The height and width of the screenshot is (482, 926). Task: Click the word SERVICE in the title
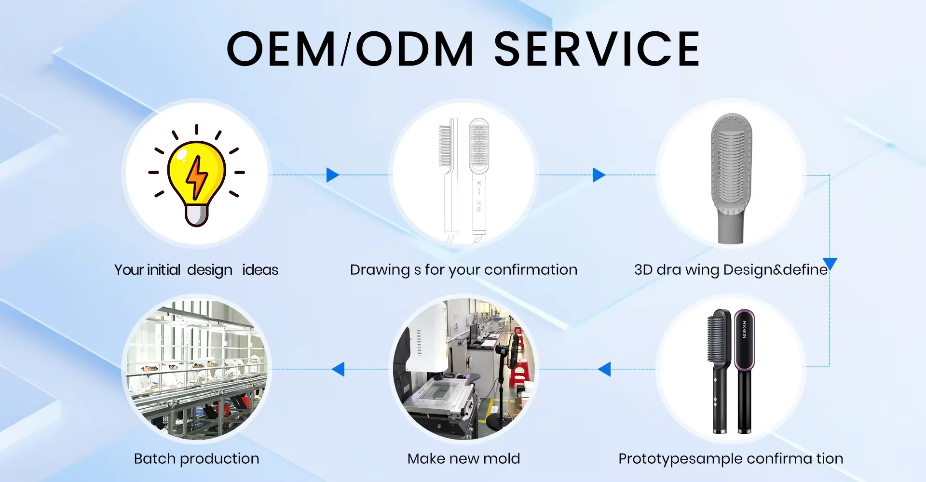(597, 49)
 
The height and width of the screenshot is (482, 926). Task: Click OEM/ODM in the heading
(350, 49)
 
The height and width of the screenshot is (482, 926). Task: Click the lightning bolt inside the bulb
(196, 177)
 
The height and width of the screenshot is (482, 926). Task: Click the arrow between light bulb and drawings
(332, 174)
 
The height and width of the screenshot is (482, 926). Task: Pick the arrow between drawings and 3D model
(599, 174)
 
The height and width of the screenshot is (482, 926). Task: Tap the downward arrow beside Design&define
(830, 263)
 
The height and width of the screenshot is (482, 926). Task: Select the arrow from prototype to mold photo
(604, 369)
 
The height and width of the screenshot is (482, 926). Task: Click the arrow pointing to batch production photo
(339, 369)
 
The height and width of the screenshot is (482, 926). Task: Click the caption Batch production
(196, 458)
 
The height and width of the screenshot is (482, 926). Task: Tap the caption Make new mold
(463, 458)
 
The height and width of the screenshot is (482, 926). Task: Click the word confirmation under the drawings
(531, 269)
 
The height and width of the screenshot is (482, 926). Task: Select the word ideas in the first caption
(260, 269)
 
